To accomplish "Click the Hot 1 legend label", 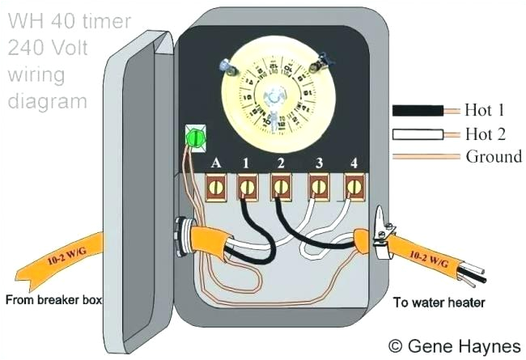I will pos(486,109).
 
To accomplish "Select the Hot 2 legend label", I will pos(486,133).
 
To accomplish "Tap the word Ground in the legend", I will pos(494,156).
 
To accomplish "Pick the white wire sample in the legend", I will pos(418,133).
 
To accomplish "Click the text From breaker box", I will pos(54,301).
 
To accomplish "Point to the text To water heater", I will pos(439,303).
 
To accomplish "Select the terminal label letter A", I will pos(216,163).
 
